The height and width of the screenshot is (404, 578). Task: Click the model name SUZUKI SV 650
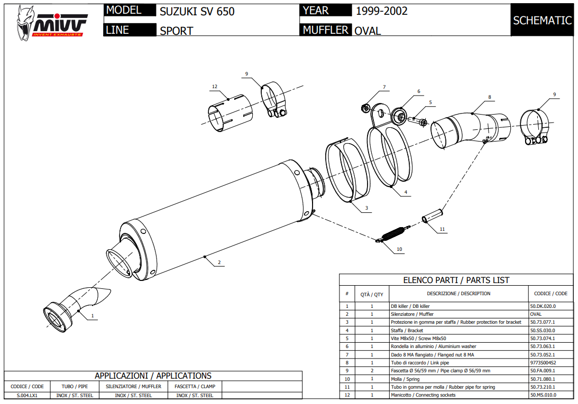coord(197,11)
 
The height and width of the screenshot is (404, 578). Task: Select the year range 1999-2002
coord(381,11)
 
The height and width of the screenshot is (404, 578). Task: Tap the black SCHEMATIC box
coord(542,21)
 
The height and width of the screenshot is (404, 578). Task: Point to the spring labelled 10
coord(393,233)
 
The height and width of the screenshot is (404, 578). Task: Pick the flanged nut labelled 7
coord(365,108)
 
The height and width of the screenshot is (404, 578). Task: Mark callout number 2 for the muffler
coord(219,262)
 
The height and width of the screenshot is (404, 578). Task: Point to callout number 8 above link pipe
coord(490,97)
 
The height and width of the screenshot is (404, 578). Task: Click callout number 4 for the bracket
coord(406,192)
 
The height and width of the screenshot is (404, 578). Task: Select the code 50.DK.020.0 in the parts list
coord(543,306)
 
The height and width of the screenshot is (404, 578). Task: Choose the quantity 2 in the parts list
coord(372,371)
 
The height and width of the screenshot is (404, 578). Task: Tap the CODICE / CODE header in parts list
coord(550,294)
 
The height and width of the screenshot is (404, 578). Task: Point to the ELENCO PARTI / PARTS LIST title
coord(456,280)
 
